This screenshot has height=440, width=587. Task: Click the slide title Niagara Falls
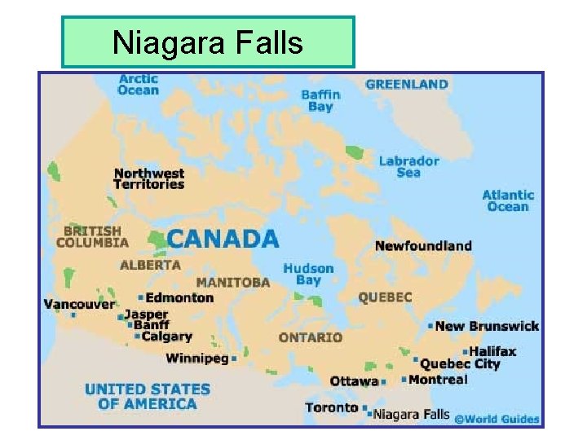coord(208,42)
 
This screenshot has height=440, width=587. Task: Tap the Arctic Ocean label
coord(138,84)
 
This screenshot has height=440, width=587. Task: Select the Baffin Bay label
coord(320,100)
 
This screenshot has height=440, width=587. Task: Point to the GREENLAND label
coord(407,84)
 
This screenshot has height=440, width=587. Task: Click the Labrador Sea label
coord(408,166)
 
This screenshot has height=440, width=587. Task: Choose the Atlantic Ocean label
coord(508,200)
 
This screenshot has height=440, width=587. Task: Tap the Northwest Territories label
coord(149,178)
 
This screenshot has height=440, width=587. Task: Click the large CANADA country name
coord(223,239)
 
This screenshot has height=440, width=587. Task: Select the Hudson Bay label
coord(308,274)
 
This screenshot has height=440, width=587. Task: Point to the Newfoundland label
coord(423,245)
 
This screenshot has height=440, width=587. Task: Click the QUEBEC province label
coord(385,297)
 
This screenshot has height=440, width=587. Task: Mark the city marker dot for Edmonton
coord(141,297)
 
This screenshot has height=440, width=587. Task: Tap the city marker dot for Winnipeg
coord(234,358)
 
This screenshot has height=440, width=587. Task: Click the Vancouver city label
coord(79,304)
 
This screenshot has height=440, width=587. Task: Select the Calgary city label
coord(166,336)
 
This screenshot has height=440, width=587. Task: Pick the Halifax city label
coord(492,351)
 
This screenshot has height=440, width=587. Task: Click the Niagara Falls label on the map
coord(413,414)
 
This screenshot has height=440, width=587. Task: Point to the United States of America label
coord(147,396)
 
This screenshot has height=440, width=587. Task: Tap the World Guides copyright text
coord(497,419)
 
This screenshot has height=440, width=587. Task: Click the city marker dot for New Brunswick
coord(430,326)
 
